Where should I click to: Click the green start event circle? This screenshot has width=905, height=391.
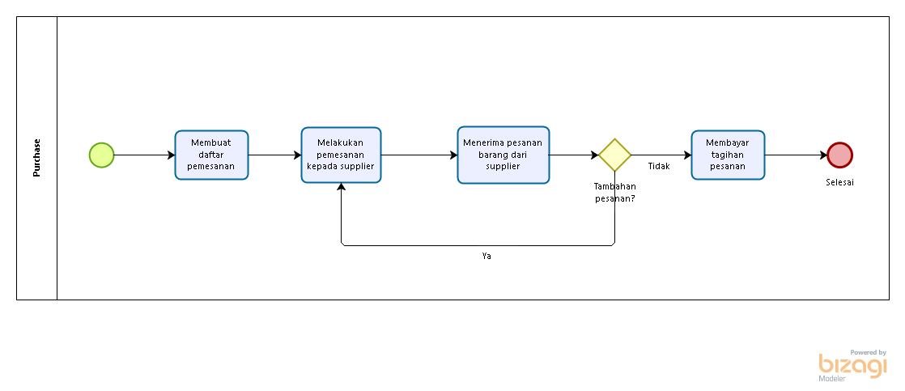coord(101,155)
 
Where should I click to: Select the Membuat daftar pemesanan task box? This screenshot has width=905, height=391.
coord(211,155)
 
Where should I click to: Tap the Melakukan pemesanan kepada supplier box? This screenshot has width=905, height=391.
coord(341,155)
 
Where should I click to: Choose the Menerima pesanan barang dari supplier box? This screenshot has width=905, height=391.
coord(503,155)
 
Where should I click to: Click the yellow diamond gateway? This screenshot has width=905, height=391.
coord(614,155)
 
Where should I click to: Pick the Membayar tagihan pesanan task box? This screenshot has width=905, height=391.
coord(728,155)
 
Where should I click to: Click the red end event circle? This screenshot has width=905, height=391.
coord(840,155)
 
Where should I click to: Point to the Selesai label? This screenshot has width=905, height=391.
coord(839,182)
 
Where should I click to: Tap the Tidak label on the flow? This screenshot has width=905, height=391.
coord(659,166)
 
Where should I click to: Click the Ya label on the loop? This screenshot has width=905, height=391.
coord(486,256)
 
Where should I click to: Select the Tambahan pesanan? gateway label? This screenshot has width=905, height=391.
coord(614,192)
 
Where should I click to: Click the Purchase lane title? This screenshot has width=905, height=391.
coord(37,157)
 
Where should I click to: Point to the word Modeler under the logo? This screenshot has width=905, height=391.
coord(831,379)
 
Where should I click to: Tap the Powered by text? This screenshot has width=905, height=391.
coord(868,352)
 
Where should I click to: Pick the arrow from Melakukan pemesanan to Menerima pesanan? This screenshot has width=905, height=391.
coord(419,155)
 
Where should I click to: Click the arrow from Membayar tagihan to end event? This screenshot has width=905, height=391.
coord(796,155)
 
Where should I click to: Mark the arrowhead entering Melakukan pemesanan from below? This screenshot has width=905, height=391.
coord(342,188)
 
